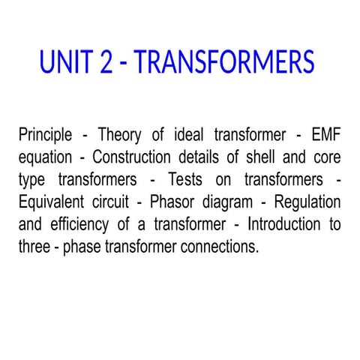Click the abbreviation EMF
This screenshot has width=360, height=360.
click(326, 136)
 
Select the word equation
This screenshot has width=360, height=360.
click(46, 158)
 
